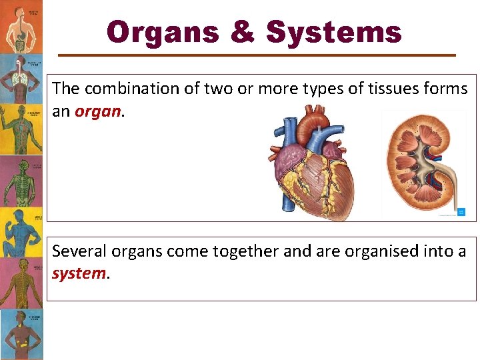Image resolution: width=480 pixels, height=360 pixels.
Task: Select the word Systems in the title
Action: pos(334,32)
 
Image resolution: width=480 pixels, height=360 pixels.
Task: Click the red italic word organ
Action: pos(98,111)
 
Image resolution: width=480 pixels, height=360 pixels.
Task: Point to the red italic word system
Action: pos(79,273)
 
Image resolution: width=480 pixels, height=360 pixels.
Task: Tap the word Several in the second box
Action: pos(79,251)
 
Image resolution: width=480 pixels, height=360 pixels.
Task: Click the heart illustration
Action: pos(313,166)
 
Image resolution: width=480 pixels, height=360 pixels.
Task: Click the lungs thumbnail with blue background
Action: pos(21,77)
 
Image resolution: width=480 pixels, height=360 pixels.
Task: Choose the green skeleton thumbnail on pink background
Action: pos(21,180)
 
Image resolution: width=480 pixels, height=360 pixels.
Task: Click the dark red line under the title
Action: pos(257,55)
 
